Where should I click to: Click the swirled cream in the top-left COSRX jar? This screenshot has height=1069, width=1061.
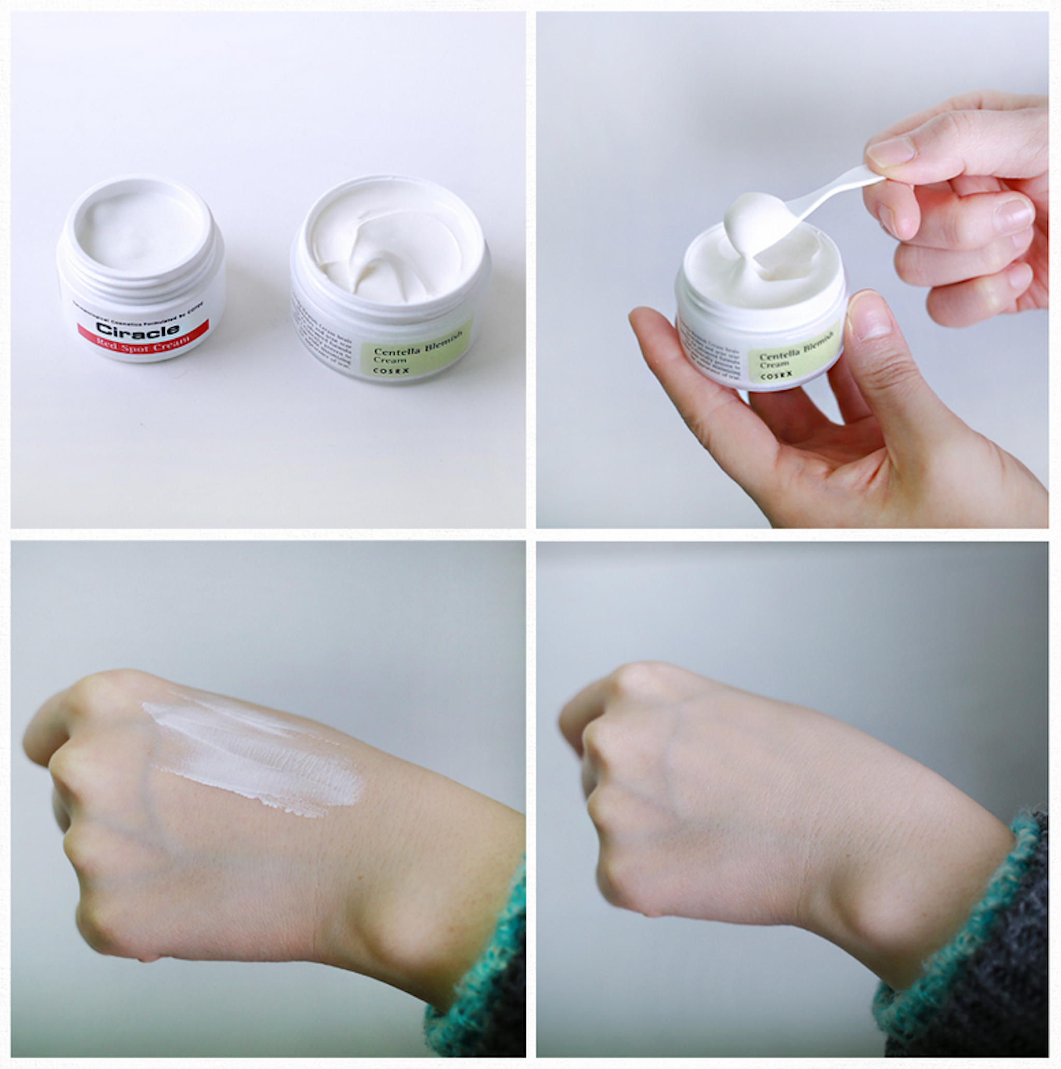click(388, 249)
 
